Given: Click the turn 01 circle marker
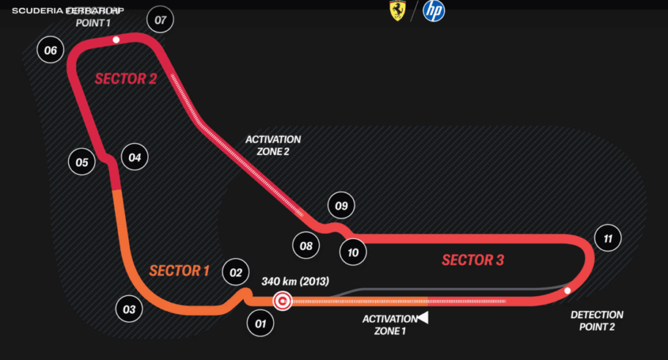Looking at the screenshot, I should (x=260, y=323).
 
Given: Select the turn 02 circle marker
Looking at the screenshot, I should (x=236, y=273).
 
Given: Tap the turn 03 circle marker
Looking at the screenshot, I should (x=129, y=309).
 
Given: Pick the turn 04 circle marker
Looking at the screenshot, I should (x=134, y=157).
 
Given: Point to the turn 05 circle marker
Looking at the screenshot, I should (x=82, y=162).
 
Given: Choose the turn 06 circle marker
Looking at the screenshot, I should (x=50, y=50).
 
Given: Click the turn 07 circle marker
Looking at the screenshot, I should (x=160, y=20).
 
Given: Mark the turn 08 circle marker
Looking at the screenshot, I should (x=306, y=246).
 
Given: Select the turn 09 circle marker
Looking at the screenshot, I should (x=341, y=206).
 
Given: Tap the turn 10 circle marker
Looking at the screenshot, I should (x=353, y=252).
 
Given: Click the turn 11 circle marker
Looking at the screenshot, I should (x=608, y=239).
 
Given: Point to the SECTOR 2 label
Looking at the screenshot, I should (x=126, y=79).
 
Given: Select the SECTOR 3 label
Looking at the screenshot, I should (x=473, y=260).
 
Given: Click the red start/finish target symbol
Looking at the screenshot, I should (x=282, y=301).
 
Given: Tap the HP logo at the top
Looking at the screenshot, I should (x=434, y=11).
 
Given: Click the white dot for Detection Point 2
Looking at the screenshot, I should (x=568, y=290).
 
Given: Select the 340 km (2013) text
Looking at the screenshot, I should (x=296, y=282).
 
